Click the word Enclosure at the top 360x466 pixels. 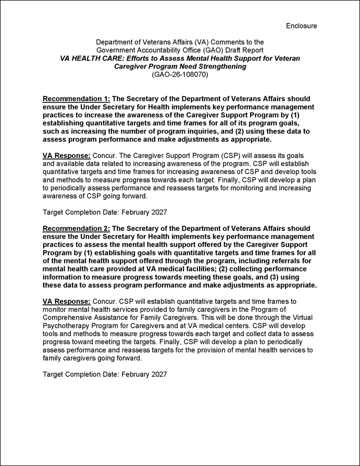301,26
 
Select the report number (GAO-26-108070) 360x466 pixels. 180,75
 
